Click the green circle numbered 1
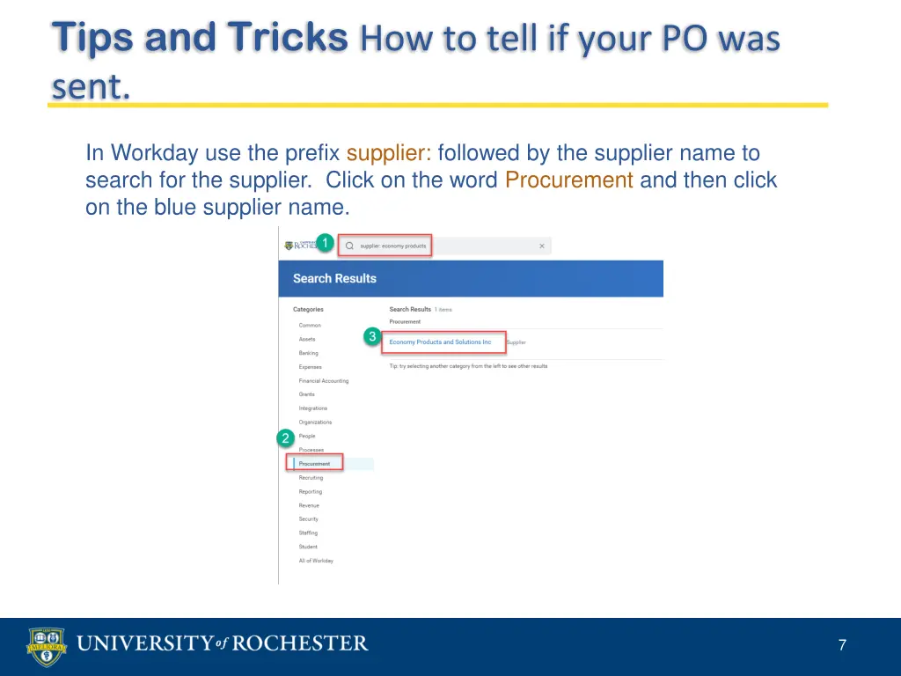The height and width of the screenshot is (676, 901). point(325,243)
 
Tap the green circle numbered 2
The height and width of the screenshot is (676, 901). point(285,437)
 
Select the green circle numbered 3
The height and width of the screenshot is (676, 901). point(372,336)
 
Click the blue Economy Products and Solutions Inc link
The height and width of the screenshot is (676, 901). point(440,342)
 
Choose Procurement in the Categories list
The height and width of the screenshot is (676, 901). point(314,464)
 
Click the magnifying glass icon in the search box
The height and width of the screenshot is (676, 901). point(349,246)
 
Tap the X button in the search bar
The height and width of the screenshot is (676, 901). point(542,246)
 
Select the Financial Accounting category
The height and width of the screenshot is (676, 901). point(323,381)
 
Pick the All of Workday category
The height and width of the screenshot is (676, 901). point(316,561)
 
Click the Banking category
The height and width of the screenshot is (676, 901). point(308,353)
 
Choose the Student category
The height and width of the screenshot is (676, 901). point(308,547)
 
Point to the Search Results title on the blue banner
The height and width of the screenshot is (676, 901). point(334,278)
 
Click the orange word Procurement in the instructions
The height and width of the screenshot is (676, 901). point(569,180)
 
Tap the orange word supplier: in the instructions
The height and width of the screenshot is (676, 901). point(388,153)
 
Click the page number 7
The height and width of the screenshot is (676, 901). point(842,645)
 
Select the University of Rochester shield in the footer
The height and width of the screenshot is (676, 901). point(46,646)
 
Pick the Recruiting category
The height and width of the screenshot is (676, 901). point(311,478)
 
